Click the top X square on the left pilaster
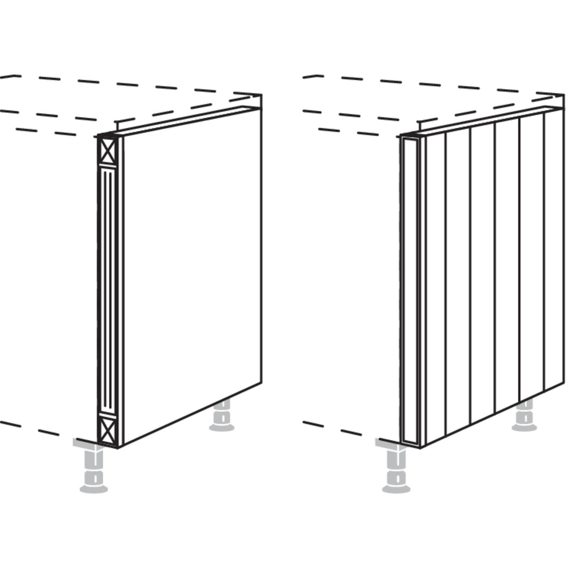tap(107, 151)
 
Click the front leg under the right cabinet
tap(395, 466)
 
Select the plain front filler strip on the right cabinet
tap(409, 291)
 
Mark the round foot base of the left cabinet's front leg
tap(93, 488)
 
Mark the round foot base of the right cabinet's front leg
tap(396, 488)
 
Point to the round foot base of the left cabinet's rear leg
tap(222, 427)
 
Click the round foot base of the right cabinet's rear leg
tap(524, 427)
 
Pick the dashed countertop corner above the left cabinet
tap(261, 96)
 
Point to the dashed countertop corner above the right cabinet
tap(564, 96)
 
